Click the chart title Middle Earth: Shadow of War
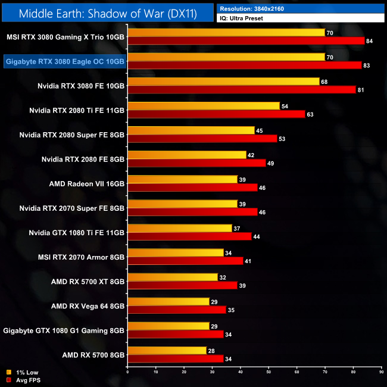[107, 13]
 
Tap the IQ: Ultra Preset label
[242, 18]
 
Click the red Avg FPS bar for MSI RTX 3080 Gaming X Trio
[245, 40]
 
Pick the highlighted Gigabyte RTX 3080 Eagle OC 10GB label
[65, 61]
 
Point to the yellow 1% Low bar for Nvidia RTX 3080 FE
[223, 81]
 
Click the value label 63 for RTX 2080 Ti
[310, 114]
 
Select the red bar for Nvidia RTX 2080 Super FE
[202, 138]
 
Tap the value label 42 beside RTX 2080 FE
[252, 155]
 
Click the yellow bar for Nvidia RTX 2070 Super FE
[182, 204]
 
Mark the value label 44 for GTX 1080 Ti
[256, 236]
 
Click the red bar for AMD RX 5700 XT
[182, 285]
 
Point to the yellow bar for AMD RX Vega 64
[168, 301]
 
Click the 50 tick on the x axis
[269, 372]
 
